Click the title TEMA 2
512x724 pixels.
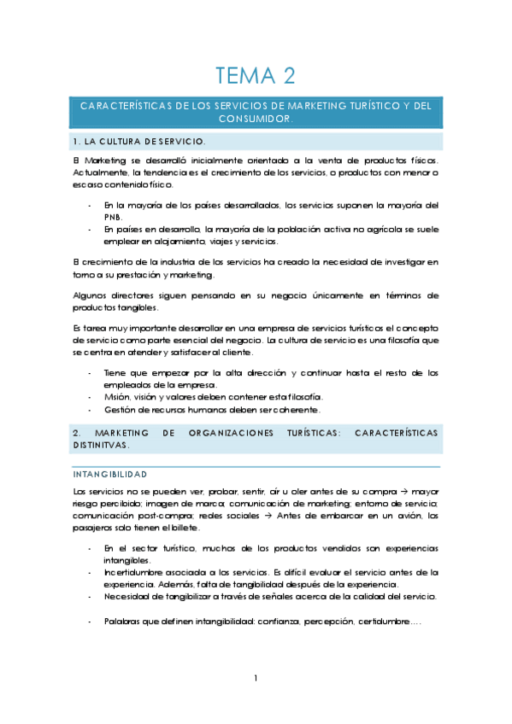tap(256, 77)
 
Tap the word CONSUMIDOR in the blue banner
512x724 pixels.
tap(256, 120)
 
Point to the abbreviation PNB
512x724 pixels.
tap(113, 218)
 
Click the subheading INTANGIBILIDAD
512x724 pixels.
tap(110, 474)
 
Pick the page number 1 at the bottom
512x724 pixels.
tap(256, 679)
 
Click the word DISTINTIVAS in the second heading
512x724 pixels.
tap(101, 446)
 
